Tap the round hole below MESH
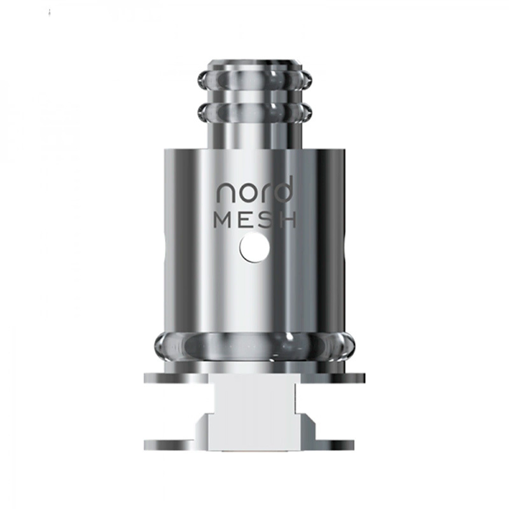[x=254, y=249]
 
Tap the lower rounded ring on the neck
[x=254, y=111]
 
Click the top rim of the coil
[x=254, y=62]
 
